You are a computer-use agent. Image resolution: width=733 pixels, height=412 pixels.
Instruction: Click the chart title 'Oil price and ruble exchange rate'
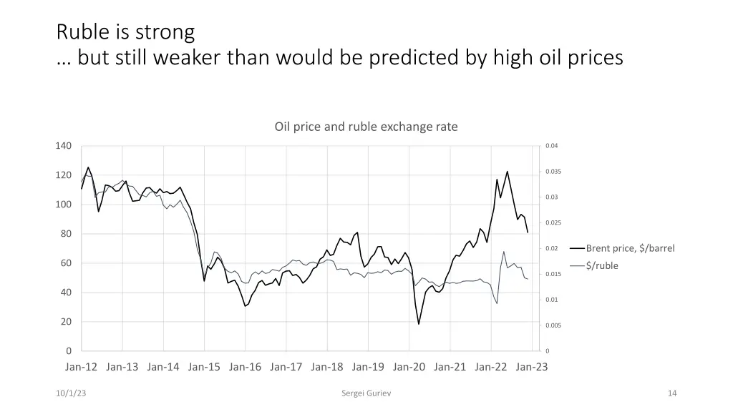366,127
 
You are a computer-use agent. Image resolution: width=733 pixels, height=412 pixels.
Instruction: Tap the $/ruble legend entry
602,266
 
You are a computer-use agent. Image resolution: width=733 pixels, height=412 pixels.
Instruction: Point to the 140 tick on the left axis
64,146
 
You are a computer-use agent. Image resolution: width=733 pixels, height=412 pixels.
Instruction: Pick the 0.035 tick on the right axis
553,172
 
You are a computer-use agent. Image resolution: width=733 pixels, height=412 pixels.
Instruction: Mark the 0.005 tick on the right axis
553,325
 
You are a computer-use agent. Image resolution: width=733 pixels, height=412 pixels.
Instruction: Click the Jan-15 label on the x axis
204,367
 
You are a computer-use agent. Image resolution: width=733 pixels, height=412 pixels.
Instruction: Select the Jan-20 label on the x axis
409,367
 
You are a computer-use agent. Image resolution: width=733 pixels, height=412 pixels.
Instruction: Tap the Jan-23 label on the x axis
532,367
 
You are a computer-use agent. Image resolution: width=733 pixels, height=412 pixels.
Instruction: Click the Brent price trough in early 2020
419,324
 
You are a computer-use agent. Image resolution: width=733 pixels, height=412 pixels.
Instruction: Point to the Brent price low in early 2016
245,306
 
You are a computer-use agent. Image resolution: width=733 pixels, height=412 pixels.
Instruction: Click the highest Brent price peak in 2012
88,167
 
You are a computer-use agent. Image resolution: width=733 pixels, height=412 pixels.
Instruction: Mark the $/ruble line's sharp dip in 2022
497,303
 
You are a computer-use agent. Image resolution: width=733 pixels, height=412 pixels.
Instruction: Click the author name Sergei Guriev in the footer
366,393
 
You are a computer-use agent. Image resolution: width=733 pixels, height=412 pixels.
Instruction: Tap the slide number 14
671,393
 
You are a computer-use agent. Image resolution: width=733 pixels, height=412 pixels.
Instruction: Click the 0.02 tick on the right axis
551,249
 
